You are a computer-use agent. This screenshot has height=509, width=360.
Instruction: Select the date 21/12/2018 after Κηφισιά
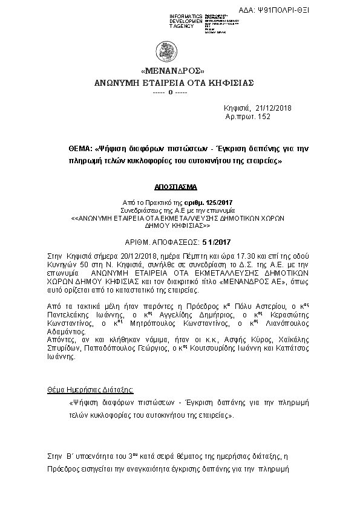click(270, 108)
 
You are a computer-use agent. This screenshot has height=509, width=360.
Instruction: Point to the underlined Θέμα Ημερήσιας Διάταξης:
click(90, 390)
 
